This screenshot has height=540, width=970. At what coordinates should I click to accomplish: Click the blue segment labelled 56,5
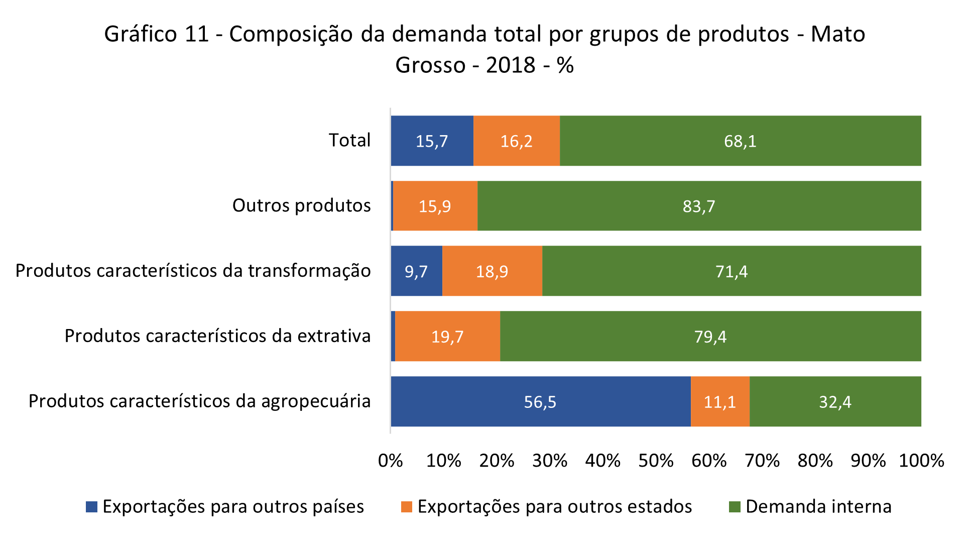(540, 401)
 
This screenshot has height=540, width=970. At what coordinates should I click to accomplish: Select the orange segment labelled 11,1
(720, 401)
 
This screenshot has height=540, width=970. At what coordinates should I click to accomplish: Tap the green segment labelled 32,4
(835, 401)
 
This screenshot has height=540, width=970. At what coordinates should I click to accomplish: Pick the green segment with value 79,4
(710, 336)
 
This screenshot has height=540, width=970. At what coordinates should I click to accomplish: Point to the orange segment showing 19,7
(447, 336)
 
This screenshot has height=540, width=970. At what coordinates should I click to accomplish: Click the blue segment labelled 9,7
(416, 271)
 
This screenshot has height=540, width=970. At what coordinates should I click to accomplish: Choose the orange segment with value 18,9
(492, 271)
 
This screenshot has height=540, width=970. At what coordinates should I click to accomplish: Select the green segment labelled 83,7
(699, 206)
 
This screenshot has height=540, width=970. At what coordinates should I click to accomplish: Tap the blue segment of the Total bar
(432, 141)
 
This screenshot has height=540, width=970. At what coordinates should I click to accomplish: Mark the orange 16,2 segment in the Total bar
(516, 141)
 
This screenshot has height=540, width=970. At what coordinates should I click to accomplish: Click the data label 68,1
(740, 141)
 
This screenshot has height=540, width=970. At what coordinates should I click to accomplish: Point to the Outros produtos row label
(301, 205)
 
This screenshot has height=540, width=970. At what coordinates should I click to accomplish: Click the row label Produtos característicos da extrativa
(217, 336)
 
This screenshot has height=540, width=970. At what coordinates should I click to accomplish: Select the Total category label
(349, 140)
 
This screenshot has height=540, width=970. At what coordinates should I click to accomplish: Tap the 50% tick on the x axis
(656, 461)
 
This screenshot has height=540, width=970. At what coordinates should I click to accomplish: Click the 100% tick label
(921, 461)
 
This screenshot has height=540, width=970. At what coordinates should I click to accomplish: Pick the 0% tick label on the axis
(391, 461)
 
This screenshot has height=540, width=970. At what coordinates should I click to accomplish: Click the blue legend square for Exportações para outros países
(91, 507)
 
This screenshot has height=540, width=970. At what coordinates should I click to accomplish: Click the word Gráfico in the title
(141, 34)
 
